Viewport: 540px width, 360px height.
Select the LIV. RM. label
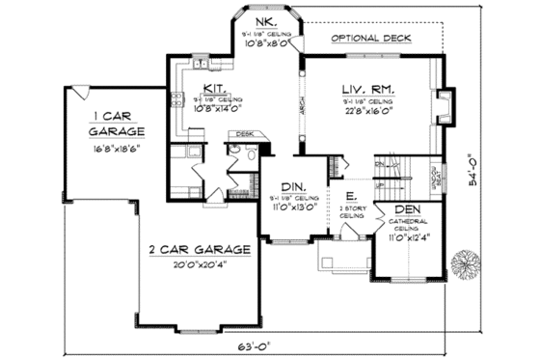(x=367, y=88)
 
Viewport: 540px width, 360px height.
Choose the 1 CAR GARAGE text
(x=116, y=118)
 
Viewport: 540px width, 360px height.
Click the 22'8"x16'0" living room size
(x=367, y=110)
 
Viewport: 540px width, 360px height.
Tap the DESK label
(x=243, y=134)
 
